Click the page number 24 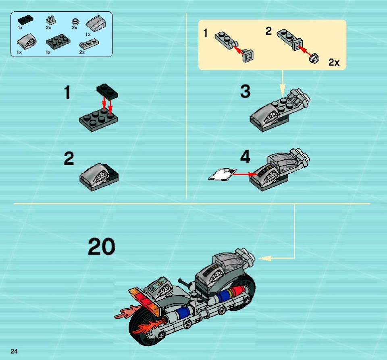point(14,351)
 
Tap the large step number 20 point(102,246)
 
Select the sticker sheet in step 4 point(223,174)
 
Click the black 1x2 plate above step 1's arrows point(107,91)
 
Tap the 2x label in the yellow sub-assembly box point(334,62)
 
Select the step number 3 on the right point(245,91)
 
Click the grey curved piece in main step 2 point(94,175)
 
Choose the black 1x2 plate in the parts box point(26,20)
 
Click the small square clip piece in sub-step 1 point(248,56)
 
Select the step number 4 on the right point(245,157)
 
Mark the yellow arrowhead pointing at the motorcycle point(264,258)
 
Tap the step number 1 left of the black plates point(67,93)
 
